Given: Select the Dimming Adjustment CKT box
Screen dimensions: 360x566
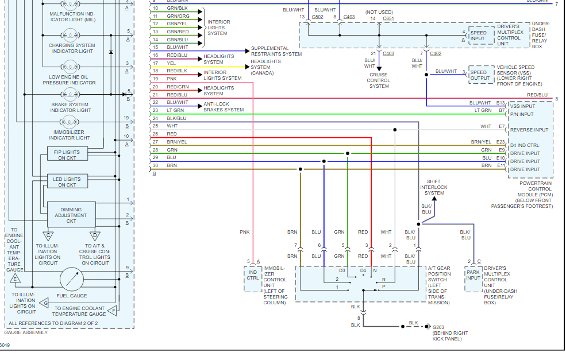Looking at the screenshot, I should click(71, 215).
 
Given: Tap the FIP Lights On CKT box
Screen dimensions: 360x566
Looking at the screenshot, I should click(67, 154).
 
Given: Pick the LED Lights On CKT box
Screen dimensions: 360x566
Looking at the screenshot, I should click(67, 182).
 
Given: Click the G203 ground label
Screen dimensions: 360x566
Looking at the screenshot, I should click(438, 327).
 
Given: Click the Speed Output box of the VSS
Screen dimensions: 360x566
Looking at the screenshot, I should click(480, 75).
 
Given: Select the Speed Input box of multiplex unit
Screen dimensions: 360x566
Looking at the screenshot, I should click(478, 36).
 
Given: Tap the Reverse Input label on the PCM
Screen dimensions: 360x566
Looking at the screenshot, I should click(529, 130).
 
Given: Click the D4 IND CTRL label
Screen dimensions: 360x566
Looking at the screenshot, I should click(525, 145).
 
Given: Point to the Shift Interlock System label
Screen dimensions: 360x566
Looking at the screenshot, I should click(433, 187).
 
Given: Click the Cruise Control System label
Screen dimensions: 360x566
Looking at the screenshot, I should click(379, 80).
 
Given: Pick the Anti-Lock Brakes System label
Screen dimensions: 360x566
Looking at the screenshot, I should click(224, 106).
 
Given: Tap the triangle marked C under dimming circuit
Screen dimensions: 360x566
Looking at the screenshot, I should click(48, 235).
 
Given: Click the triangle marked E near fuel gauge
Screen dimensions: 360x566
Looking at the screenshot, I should click(14, 278).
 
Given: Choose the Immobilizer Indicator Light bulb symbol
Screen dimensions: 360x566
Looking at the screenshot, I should click(70, 122).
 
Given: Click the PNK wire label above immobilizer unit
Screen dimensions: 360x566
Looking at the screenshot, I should click(245, 232).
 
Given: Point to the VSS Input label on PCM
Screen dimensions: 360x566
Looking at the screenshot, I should click(522, 106).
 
